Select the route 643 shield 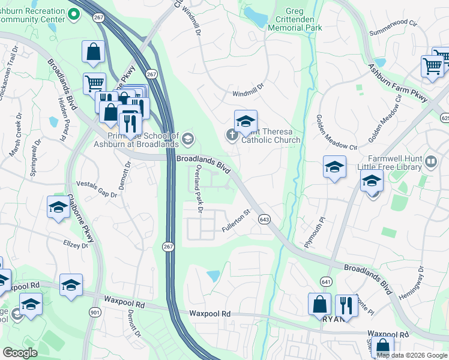coord(264,220)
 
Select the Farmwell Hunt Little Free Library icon coord(430,161)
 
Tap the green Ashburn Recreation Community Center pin coord(74,14)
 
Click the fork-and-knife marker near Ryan coord(346,305)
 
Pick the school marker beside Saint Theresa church coord(246,122)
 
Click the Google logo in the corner coord(20,353)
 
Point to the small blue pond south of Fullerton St coord(213,276)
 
